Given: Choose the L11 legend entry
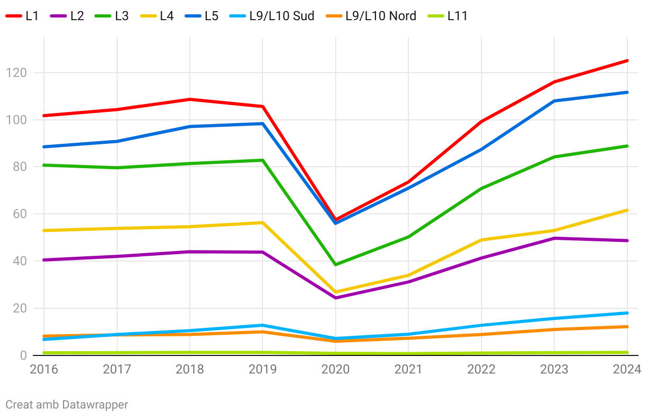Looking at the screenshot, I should point(449,16).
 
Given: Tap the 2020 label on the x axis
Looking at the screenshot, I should point(335,369).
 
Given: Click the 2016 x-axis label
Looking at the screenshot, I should point(45,369).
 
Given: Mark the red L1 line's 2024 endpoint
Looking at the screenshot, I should point(627,60).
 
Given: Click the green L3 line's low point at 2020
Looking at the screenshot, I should point(336,264).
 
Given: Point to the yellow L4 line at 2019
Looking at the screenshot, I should point(263,223).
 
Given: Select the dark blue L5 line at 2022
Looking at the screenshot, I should point(482,150).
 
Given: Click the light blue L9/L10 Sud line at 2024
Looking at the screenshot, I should point(627,313).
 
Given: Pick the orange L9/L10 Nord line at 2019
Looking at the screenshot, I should point(263,332).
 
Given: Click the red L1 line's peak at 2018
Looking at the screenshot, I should point(190,99).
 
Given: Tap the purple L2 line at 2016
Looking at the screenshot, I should point(45,260).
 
